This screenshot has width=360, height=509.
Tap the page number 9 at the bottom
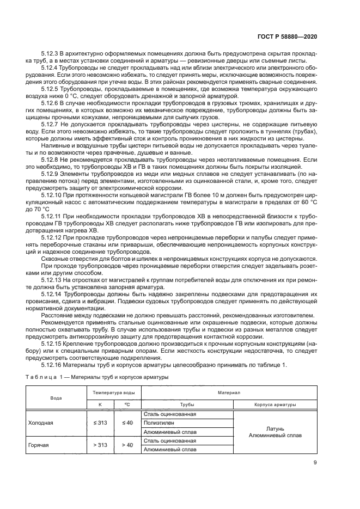315,463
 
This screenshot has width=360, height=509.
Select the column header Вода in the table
56,398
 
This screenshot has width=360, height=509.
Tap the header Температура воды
113,392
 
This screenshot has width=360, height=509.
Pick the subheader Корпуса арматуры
275,404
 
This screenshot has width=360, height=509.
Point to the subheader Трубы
187,404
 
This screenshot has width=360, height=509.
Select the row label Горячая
39,445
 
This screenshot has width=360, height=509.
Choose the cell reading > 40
127,445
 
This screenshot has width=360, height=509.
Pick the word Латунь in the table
275,428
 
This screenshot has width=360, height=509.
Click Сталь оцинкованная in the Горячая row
169,440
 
